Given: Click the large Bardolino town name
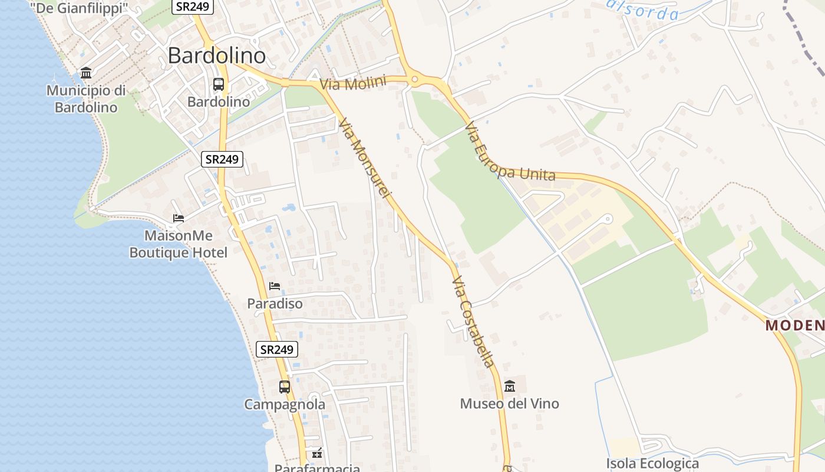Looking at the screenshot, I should pyautogui.click(x=216, y=55).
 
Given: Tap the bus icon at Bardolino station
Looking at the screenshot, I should pyautogui.click(x=219, y=84).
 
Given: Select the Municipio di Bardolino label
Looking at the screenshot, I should pyautogui.click(x=86, y=99).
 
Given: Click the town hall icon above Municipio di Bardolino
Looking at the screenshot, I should pyautogui.click(x=86, y=73).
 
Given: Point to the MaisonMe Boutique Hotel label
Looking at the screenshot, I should pyautogui.click(x=178, y=244).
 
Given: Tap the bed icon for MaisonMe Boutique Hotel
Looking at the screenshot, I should pyautogui.click(x=178, y=218).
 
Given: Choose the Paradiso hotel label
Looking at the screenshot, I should pyautogui.click(x=275, y=303).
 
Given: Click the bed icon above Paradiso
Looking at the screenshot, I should pyautogui.click(x=275, y=286).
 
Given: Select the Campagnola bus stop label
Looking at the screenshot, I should pyautogui.click(x=285, y=405).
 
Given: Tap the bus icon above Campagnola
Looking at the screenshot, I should pyautogui.click(x=285, y=387).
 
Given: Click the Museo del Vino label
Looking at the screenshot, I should pyautogui.click(x=509, y=404).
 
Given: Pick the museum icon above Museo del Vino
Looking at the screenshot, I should pyautogui.click(x=510, y=386).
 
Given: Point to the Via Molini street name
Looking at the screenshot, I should pyautogui.click(x=352, y=83).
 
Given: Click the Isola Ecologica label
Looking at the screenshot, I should pyautogui.click(x=652, y=463).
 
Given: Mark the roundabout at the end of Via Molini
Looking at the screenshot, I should pyautogui.click(x=414, y=78).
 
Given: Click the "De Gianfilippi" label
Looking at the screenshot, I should pyautogui.click(x=79, y=8).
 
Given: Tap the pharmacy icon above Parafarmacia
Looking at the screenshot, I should pyautogui.click(x=317, y=453).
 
